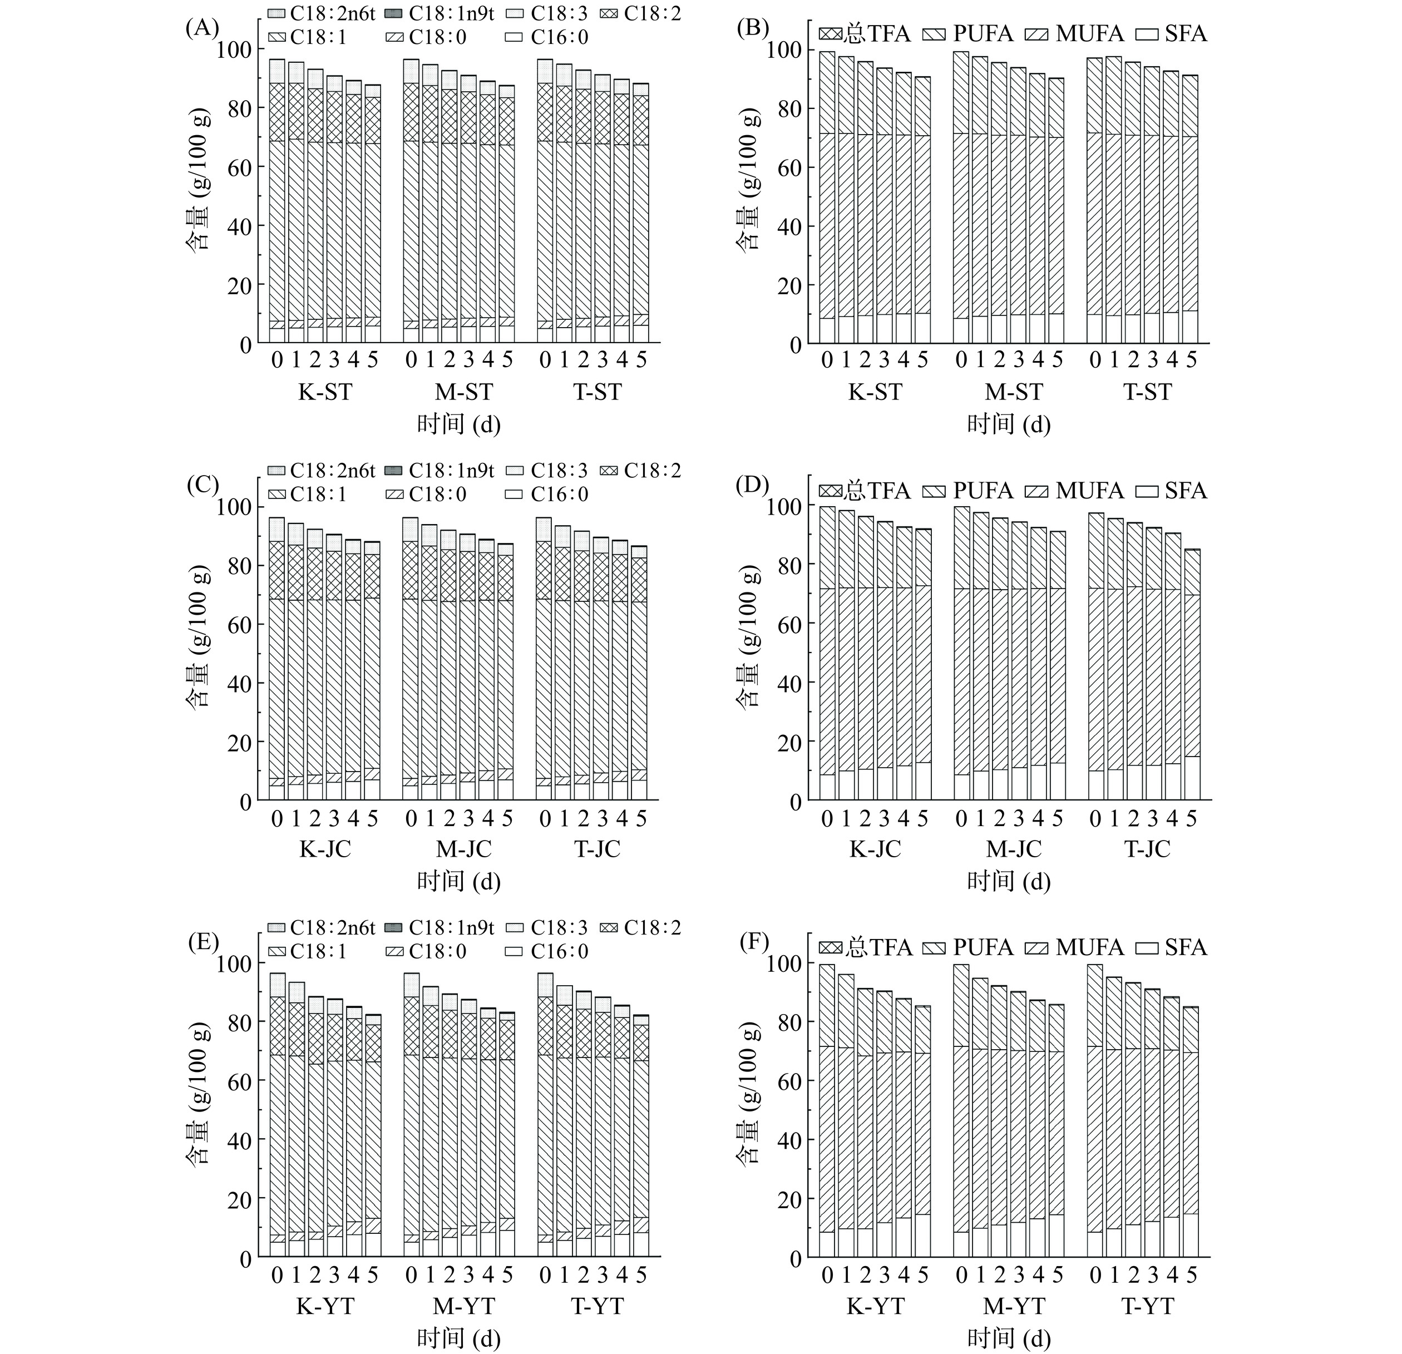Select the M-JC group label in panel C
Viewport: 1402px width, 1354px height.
pos(463,849)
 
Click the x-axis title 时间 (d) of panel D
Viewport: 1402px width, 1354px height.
pos(1009,881)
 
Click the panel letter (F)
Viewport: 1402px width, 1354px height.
pos(753,943)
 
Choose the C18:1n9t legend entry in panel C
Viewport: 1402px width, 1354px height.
pos(440,471)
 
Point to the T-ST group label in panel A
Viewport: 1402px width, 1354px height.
pos(598,392)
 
